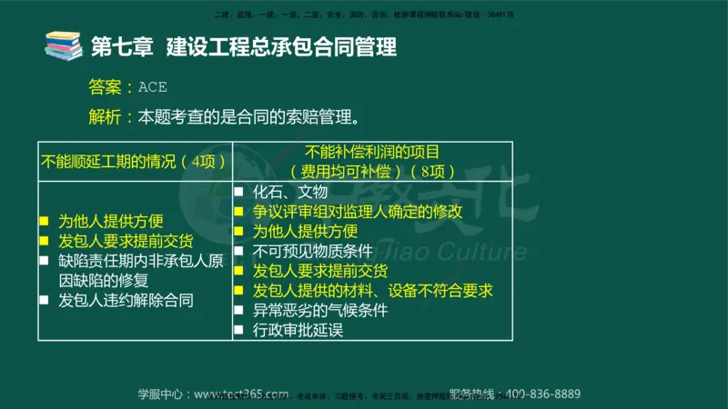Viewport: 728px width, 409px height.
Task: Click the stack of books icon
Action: tap(63, 45)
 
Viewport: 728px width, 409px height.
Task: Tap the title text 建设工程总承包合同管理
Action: tap(281, 46)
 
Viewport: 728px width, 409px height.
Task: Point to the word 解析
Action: tap(105, 117)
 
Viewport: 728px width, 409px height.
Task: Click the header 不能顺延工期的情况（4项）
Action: tap(134, 161)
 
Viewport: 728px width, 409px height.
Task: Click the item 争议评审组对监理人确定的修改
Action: tap(358, 211)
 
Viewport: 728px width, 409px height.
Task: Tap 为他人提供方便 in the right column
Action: tap(305, 231)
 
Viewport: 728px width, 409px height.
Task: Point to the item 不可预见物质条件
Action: tap(311, 251)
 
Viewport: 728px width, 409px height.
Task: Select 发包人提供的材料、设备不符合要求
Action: tap(372, 291)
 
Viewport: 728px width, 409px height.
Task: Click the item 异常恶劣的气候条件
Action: tap(320, 311)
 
